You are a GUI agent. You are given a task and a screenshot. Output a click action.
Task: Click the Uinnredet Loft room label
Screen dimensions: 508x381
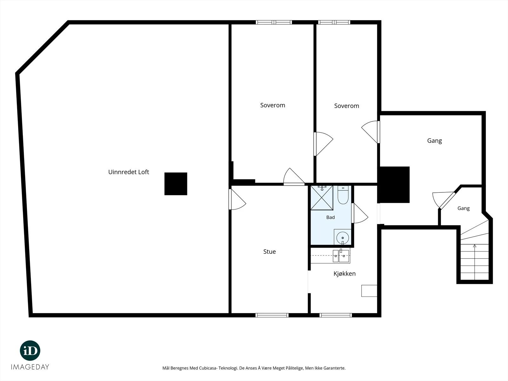pos(129,172)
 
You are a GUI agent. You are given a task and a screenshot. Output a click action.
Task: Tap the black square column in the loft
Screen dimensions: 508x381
pos(176,184)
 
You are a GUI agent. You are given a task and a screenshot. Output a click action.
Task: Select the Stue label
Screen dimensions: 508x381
pos(269,251)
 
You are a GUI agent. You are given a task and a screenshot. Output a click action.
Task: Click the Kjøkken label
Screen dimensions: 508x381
pos(344,273)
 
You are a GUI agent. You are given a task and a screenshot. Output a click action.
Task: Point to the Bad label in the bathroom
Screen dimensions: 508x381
pos(330,217)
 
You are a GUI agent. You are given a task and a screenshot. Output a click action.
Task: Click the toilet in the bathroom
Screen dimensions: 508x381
pos(343,195)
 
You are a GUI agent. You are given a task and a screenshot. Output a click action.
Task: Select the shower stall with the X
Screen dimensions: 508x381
pos(322,198)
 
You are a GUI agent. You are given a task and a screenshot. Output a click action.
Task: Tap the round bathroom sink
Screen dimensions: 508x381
pos(343,237)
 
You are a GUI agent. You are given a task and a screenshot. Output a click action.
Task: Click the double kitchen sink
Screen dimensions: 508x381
pos(341,256)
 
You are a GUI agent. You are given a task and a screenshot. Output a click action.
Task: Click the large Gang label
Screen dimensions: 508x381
pos(434,141)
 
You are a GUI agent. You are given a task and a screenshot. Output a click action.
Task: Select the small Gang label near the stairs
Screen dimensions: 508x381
pos(463,208)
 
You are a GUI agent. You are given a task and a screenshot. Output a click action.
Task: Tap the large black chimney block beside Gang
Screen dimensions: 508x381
pos(393,184)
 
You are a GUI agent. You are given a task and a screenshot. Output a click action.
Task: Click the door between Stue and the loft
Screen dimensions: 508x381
pos(237,199)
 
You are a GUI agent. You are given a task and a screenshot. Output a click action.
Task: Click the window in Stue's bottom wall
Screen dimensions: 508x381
pos(272,315)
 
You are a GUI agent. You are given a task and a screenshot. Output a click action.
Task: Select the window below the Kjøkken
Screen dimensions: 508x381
pos(336,315)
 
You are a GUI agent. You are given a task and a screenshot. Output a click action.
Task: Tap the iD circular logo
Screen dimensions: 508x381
pos(30,351)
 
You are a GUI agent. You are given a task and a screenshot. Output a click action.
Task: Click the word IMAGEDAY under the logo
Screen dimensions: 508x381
pos(30,367)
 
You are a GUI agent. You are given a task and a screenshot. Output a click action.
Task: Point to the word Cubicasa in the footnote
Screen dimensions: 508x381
pos(208,368)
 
